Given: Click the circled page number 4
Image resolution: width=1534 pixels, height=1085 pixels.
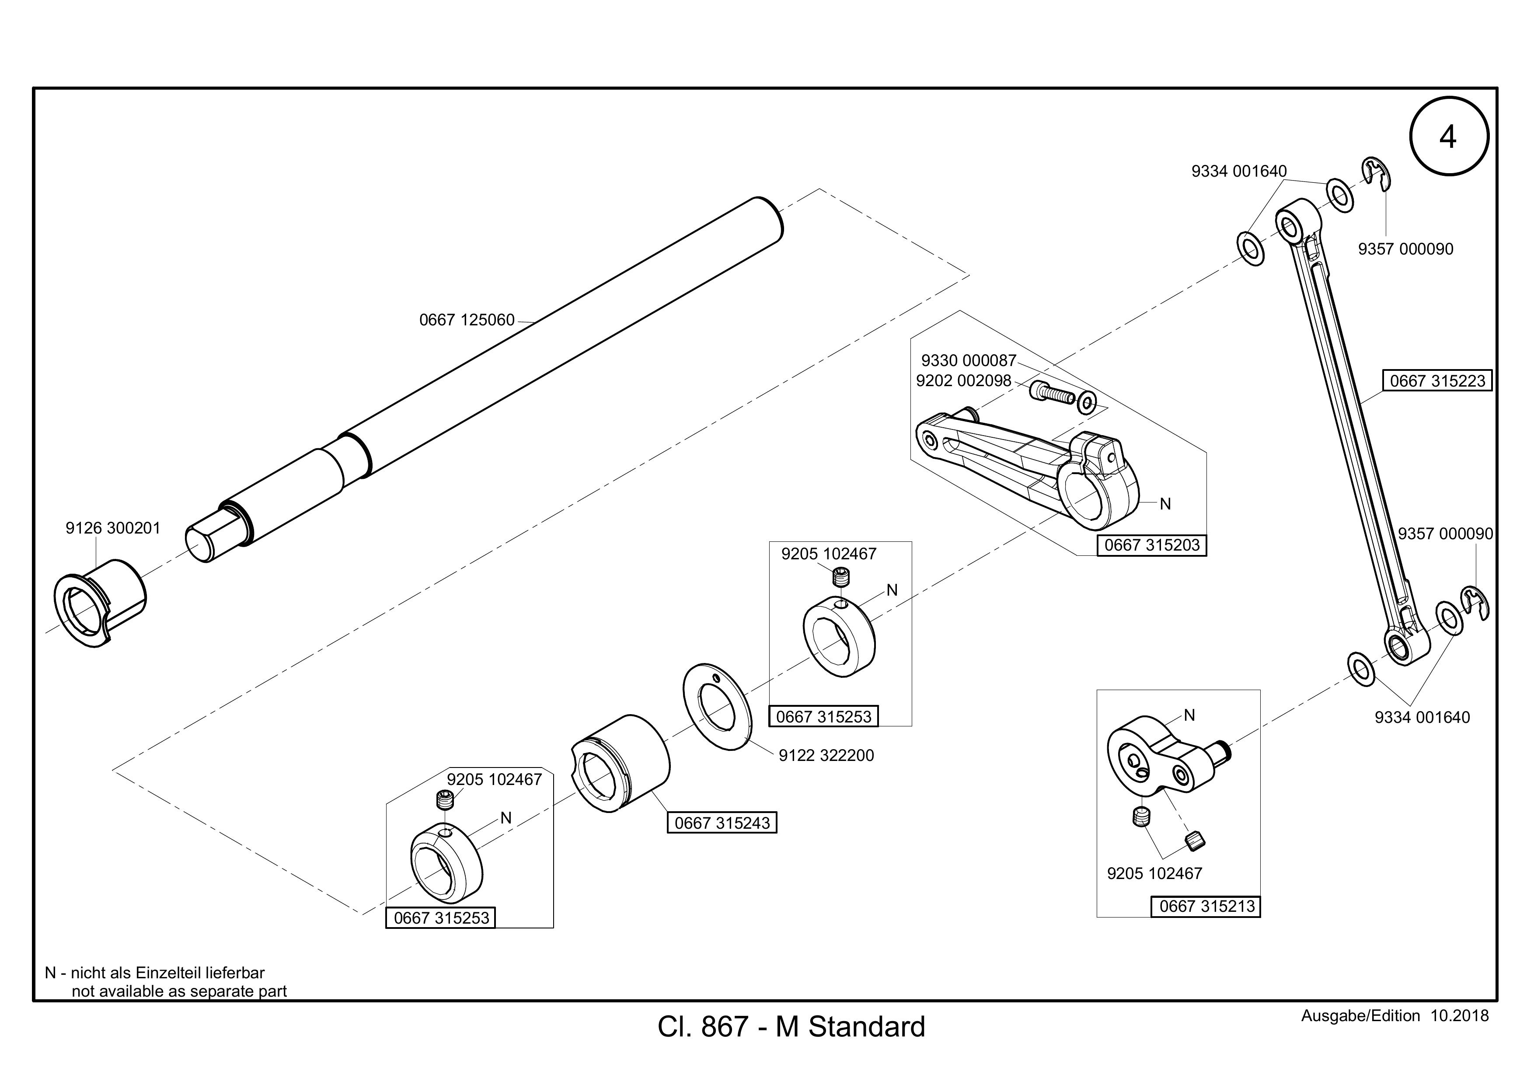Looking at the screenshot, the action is (1448, 136).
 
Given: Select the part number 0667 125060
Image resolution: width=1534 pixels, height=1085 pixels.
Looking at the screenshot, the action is (467, 320).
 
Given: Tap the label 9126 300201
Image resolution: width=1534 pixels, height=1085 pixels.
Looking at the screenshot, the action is (113, 528).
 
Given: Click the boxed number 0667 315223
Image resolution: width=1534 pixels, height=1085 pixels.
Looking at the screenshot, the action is (1437, 381).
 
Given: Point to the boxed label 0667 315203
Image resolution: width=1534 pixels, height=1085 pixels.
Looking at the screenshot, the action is (1152, 545).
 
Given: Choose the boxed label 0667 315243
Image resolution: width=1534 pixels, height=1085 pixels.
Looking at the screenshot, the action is (722, 823).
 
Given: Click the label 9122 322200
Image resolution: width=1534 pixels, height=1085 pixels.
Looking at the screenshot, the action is (826, 756).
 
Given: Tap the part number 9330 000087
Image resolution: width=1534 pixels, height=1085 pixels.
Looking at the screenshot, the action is (968, 361).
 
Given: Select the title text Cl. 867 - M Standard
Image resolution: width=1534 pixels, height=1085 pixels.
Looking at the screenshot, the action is (791, 1026).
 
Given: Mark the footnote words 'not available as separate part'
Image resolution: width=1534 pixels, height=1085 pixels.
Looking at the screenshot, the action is (179, 991).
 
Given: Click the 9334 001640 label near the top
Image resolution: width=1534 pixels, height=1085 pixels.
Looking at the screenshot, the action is (1239, 171).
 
